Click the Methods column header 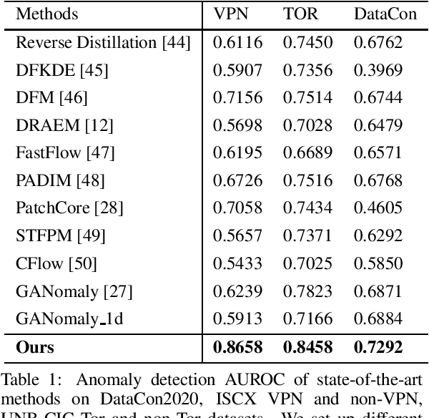click(x=47, y=14)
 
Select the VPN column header click(x=231, y=14)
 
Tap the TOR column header click(x=301, y=14)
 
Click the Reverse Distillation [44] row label click(x=103, y=42)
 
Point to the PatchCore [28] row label click(x=69, y=208)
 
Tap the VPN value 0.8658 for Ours click(x=238, y=348)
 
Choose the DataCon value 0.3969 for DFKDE click(x=378, y=69)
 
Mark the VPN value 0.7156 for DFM click(x=237, y=97)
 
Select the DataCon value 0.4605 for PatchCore click(x=378, y=208)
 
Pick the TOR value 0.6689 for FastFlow click(x=307, y=152)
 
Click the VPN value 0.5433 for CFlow click(x=237, y=263)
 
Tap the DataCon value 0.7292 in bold click(x=378, y=348)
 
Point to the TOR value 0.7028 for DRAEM click(x=307, y=125)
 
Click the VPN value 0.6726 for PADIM click(x=237, y=180)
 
